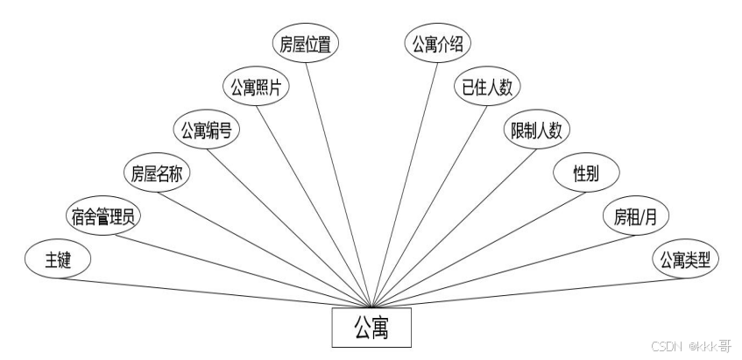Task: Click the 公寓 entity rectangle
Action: (x=371, y=328)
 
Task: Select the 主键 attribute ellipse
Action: (x=59, y=260)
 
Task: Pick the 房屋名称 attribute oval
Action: (x=156, y=174)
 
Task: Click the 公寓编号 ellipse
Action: (x=206, y=131)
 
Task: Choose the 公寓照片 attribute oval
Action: (x=255, y=88)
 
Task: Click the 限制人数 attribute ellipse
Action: (x=536, y=131)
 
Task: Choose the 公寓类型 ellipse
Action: (x=684, y=260)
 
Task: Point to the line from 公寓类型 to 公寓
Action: (x=526, y=291)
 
